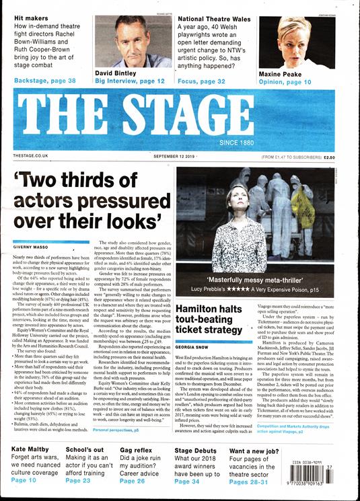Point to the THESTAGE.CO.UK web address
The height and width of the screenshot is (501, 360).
(32, 156)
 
